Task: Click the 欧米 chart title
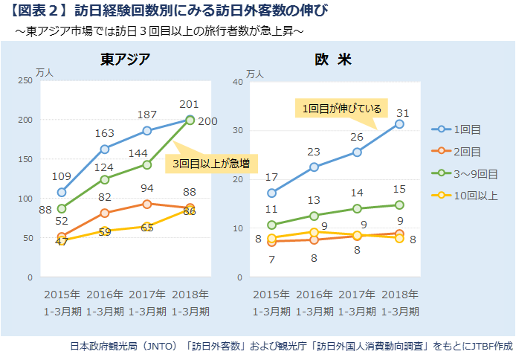click(x=332, y=60)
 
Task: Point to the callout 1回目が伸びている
click(x=341, y=109)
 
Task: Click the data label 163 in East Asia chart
click(x=105, y=134)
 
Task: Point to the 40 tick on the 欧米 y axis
click(x=239, y=81)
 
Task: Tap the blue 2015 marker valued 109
click(x=62, y=192)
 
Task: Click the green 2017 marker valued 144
click(x=147, y=164)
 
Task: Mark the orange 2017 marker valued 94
click(x=147, y=204)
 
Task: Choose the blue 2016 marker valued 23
click(x=315, y=167)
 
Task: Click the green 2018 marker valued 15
click(x=399, y=205)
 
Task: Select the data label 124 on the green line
click(x=105, y=166)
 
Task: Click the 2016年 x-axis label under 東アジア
click(x=105, y=293)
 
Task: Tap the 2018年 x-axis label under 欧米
click(x=399, y=293)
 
